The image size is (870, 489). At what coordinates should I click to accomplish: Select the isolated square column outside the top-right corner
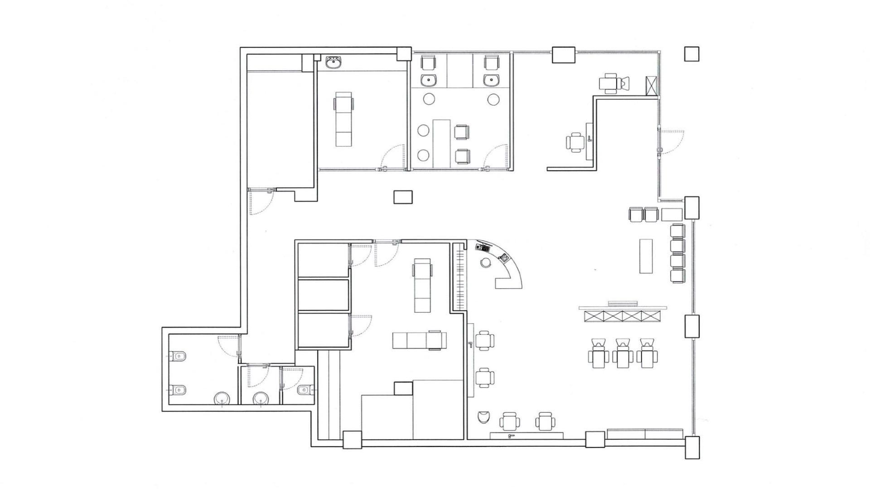pos(691,53)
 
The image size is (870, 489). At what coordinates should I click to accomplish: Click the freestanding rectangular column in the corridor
pos(403,197)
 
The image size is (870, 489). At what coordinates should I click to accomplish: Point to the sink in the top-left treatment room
pos(334,63)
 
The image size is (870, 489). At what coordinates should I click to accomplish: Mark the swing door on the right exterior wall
pos(671,141)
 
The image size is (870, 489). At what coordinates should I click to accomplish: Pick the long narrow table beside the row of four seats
pos(646,256)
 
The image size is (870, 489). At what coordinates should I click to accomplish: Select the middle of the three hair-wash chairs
pos(622,353)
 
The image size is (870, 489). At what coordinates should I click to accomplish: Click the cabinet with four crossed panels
pos(622,316)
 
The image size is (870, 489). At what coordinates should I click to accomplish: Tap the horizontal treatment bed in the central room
pos(419,340)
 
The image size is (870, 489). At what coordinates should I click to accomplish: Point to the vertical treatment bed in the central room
pos(422,285)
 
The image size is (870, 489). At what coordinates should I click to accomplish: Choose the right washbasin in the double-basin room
pos(491,81)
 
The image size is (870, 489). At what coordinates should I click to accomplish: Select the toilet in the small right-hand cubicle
pos(304,389)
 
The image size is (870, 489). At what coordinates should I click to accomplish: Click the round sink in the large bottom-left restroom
pos(222,399)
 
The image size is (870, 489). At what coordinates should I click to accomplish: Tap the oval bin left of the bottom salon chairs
pos(483,417)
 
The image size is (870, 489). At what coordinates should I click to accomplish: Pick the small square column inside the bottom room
pos(403,388)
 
